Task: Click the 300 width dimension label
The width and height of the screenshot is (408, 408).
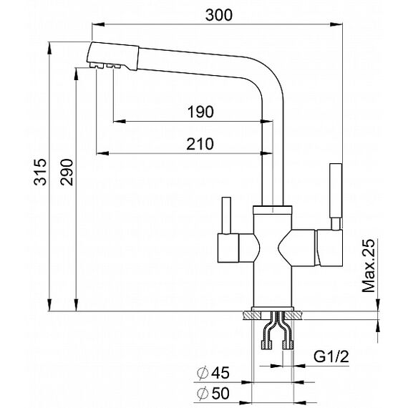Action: [x=219, y=15]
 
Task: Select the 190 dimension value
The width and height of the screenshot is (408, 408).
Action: [x=200, y=112]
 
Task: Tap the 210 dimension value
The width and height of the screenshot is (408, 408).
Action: [x=200, y=144]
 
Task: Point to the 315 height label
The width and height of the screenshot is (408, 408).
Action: [x=40, y=172]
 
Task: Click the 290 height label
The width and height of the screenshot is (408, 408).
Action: [x=67, y=172]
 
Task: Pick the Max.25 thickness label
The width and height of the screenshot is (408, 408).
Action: [x=369, y=266]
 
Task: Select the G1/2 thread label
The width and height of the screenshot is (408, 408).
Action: [x=331, y=356]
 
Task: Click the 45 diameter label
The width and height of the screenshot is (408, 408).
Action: [x=220, y=373]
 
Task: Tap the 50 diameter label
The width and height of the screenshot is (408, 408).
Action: [x=220, y=393]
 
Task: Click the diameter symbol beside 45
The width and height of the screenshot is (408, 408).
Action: [x=203, y=373]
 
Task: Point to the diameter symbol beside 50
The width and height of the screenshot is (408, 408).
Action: [x=203, y=394]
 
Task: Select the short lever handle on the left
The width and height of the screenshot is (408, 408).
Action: [x=226, y=215]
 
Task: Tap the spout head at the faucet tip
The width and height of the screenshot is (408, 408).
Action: [x=112, y=57]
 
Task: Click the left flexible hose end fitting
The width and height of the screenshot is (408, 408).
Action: [x=266, y=344]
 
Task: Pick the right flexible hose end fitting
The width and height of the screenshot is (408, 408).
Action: [x=288, y=344]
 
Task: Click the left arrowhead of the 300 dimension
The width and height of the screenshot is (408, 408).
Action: [x=98, y=24]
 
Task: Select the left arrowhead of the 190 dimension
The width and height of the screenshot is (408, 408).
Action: [x=120, y=121]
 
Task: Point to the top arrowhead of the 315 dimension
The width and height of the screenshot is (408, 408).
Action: [x=49, y=48]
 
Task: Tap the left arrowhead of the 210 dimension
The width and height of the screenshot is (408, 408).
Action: [x=102, y=153]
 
